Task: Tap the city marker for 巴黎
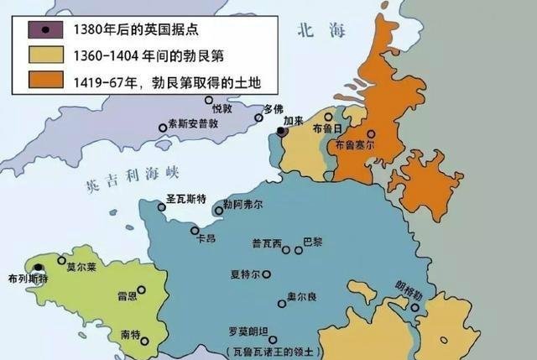click(298, 249)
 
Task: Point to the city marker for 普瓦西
click(286, 249)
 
